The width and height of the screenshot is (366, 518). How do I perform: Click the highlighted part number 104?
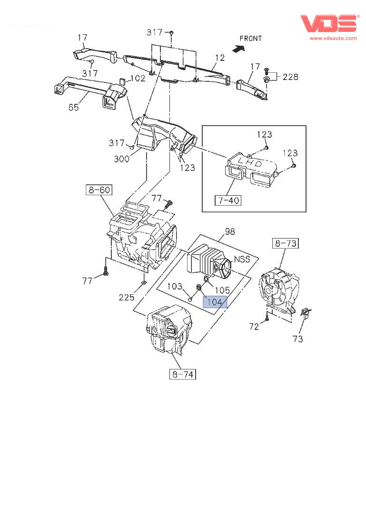(x=215, y=301)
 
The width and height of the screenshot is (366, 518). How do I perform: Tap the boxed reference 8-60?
(x=99, y=190)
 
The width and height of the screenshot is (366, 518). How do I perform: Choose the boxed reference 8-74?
(x=183, y=374)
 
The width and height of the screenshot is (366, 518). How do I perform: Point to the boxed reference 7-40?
(x=228, y=200)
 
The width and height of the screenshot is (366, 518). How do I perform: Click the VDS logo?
(x=328, y=23)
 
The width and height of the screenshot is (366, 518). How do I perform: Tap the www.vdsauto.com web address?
(x=333, y=38)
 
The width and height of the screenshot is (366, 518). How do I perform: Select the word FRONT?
(x=250, y=38)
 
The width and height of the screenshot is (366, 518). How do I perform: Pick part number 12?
(x=219, y=58)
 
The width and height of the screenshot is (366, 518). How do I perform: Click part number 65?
(x=73, y=107)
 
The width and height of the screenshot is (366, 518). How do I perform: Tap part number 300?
(x=121, y=159)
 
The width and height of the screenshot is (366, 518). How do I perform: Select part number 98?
(x=230, y=231)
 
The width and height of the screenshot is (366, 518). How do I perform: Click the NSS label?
(x=242, y=260)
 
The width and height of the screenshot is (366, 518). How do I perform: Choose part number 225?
(x=126, y=298)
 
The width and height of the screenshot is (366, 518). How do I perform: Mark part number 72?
(x=254, y=326)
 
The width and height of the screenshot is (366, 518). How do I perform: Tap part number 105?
(x=222, y=289)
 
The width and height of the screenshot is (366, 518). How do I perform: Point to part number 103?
(x=175, y=286)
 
